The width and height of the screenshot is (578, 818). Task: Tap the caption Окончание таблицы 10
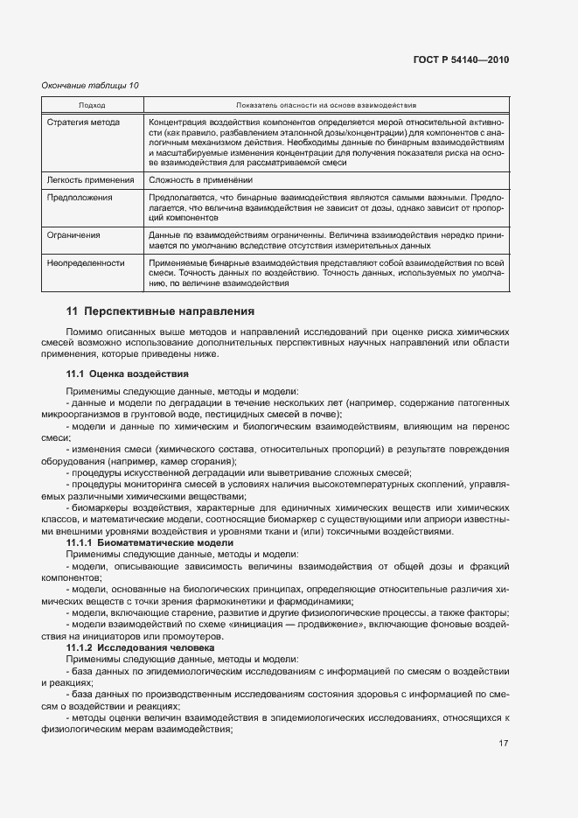[90, 85]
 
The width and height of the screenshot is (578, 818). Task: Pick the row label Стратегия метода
[83, 122]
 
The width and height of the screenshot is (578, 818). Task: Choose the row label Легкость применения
[89, 180]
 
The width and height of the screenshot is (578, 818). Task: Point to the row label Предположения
[80, 198]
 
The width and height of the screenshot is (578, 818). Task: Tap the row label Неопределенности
[85, 262]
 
